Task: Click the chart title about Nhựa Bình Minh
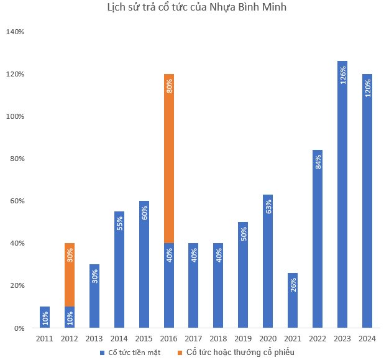(197, 7)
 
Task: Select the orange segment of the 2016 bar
(169, 159)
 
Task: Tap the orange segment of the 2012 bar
(70, 275)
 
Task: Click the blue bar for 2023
(342, 195)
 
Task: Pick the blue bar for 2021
(293, 300)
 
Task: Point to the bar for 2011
(45, 317)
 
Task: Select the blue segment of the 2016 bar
(169, 285)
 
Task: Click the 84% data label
(318, 162)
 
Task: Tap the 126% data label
(343, 75)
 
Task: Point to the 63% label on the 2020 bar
(268, 206)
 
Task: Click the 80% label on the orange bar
(170, 86)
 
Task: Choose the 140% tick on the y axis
(15, 32)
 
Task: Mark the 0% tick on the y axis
(19, 328)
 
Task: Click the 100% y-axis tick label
(15, 116)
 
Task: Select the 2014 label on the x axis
(119, 339)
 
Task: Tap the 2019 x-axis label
(243, 339)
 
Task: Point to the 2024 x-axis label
(367, 339)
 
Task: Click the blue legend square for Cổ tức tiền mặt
(102, 353)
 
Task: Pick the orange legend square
(180, 353)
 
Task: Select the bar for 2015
(144, 264)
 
